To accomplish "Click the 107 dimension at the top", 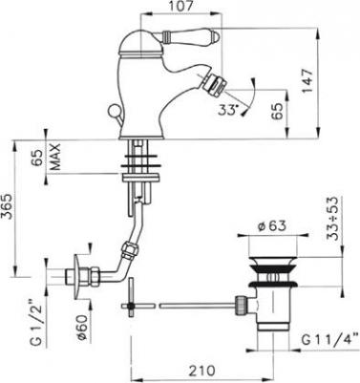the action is pos(180,7).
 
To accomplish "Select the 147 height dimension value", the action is pos(307,81).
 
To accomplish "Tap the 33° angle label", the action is pos(228,110).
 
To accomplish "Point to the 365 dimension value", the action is pos(9,206).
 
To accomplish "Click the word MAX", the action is pos(55,157).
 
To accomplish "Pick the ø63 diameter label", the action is pos(272,225).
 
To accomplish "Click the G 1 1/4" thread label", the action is pos(330,340).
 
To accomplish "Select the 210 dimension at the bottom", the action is pos(201,371).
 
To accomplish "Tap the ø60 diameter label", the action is pos(82,328).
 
